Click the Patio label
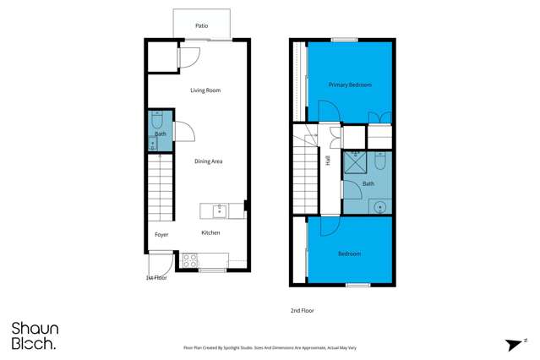pos(201,26)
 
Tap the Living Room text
pos(205,90)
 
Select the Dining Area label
pos(208,161)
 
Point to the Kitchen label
pos(210,232)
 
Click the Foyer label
pos(161,235)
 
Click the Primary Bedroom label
pos(350,85)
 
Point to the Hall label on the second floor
pos(327,160)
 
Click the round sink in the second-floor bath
pos(380,205)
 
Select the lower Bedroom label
pos(349,254)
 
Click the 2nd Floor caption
pos(302,311)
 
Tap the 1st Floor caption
pos(155,277)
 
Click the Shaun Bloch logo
pos(34,335)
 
